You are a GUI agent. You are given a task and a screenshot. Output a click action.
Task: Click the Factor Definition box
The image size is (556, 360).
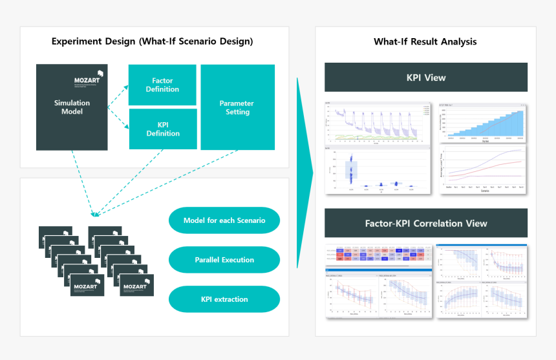(x=162, y=85)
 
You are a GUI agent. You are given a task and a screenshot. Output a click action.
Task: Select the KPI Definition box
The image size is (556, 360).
(x=162, y=129)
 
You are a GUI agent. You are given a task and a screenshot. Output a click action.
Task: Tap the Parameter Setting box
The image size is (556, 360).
(x=237, y=107)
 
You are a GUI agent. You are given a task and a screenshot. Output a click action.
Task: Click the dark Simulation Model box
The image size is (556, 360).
(x=72, y=107)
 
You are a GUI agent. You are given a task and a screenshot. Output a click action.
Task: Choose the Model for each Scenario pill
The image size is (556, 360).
(x=224, y=220)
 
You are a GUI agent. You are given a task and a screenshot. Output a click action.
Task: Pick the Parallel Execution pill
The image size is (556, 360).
(x=224, y=260)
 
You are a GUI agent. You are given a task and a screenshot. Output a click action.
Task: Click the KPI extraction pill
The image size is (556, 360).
(x=224, y=299)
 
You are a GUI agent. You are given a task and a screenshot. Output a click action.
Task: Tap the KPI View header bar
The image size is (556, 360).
(x=425, y=78)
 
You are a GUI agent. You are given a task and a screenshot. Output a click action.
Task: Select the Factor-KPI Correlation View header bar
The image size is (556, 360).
(x=425, y=223)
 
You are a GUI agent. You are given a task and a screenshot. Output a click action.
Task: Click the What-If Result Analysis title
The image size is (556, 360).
(x=425, y=42)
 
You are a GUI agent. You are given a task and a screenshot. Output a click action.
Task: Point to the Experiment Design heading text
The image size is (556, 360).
(x=152, y=42)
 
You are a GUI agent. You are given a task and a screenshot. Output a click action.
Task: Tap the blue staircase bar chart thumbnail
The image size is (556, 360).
(x=483, y=122)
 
